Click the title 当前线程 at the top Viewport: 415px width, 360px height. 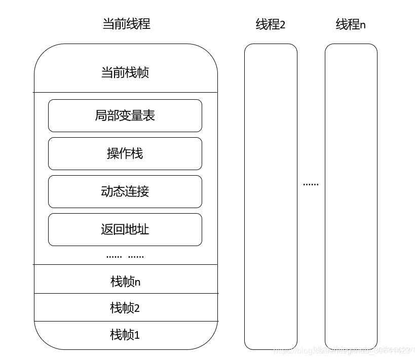click(126, 24)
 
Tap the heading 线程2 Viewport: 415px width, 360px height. click(271, 24)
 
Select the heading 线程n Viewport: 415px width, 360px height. click(351, 24)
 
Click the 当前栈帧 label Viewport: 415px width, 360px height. click(125, 72)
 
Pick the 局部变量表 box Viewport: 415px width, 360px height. click(125, 115)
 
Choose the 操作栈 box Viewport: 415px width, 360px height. click(125, 153)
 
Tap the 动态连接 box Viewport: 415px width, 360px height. click(125, 191)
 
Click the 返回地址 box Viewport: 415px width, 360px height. click(125, 229)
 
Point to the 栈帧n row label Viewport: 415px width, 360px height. click(125, 282)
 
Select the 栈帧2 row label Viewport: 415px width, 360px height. click(125, 308)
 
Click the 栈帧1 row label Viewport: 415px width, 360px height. click(125, 335)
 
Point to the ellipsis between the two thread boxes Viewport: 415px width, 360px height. click(311, 184)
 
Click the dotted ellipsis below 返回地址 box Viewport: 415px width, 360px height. click(125, 257)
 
